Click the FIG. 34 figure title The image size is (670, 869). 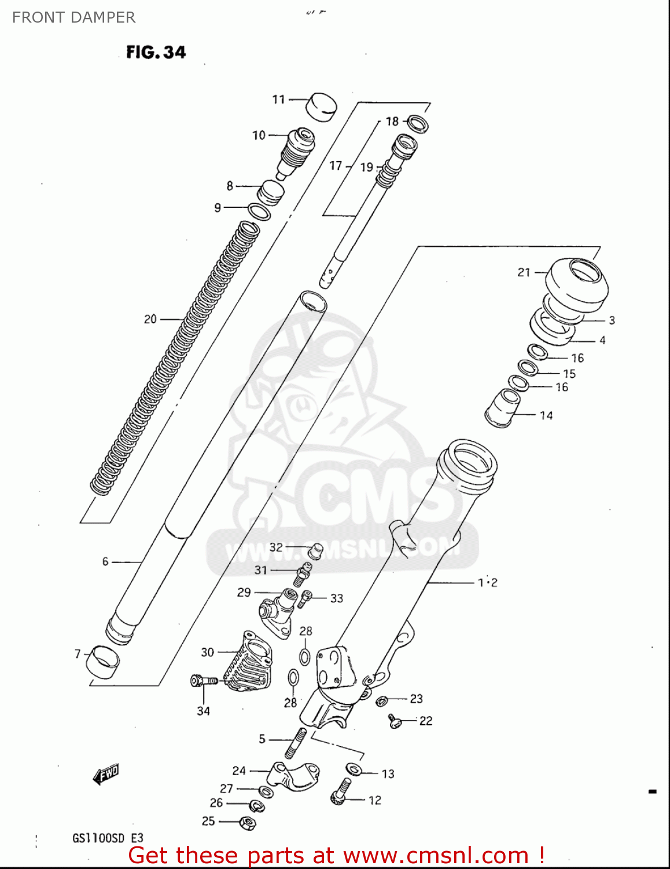tap(156, 52)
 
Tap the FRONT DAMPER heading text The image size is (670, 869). tap(73, 17)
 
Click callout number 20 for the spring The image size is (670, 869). tap(150, 319)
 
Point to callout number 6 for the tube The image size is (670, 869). tap(105, 561)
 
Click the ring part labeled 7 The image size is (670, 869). tap(103, 662)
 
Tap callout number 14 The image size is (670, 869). tap(546, 415)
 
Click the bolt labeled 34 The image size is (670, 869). tap(204, 681)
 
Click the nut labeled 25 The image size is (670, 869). tap(247, 822)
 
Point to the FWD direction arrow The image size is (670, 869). tap(106, 773)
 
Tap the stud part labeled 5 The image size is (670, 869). tap(293, 743)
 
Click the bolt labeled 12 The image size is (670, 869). tap(341, 792)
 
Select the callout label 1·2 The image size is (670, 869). tap(487, 582)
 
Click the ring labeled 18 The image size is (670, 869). tap(417, 123)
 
